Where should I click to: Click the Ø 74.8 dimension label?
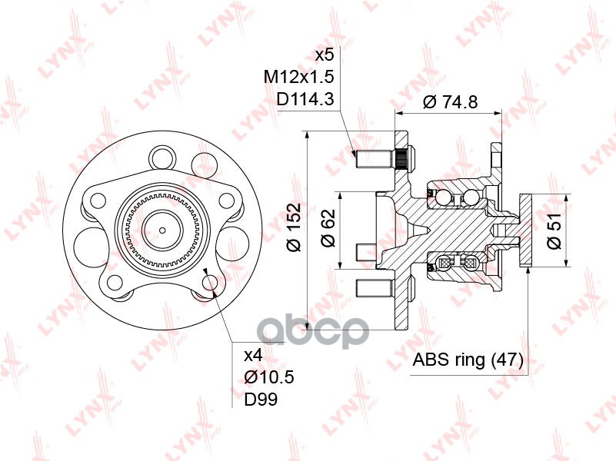(450, 102)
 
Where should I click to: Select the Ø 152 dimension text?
(294, 227)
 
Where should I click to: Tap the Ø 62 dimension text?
(328, 228)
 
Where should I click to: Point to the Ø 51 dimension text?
(554, 231)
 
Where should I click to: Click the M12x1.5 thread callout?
(299, 77)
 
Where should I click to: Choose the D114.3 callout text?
(305, 99)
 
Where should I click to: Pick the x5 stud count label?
(325, 55)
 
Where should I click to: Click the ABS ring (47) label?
(468, 360)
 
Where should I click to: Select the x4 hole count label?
(253, 356)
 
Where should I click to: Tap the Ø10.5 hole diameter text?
(269, 377)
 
